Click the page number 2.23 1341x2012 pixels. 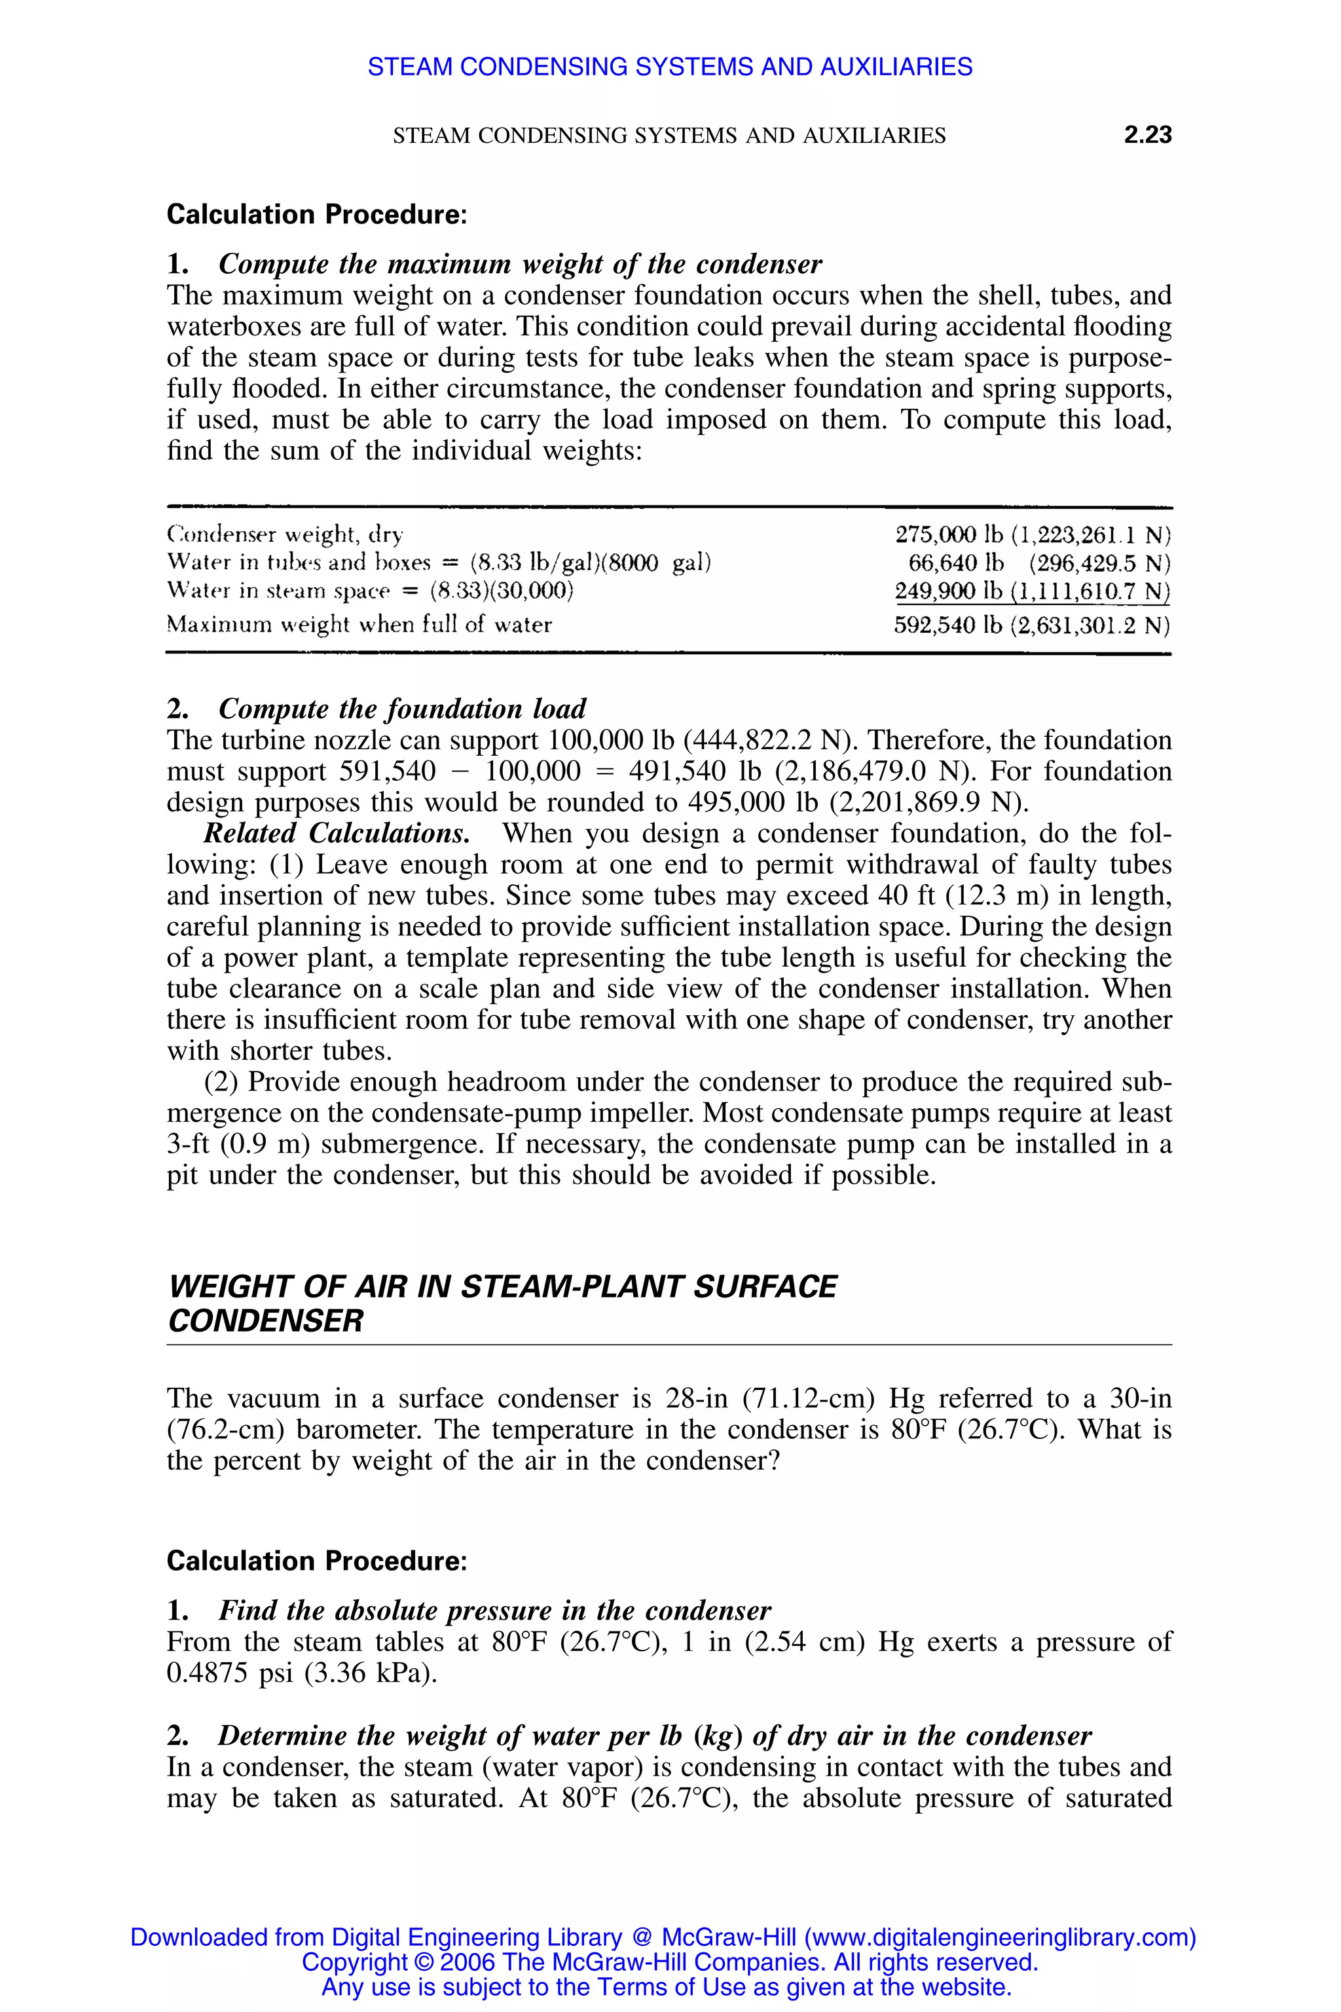pyautogui.click(x=1147, y=135)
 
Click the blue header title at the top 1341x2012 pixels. pyautogui.click(x=670, y=67)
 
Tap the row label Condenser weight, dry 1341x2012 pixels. pyautogui.click(x=284, y=536)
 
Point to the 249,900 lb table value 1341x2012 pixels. pyautogui.click(x=947, y=592)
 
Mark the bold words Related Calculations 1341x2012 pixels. pyautogui.click(x=336, y=833)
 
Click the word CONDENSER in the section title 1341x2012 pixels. pyautogui.click(x=265, y=1321)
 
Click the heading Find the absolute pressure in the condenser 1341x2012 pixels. pyautogui.click(x=494, y=1611)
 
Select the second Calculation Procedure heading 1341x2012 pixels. pyautogui.click(x=316, y=1561)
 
